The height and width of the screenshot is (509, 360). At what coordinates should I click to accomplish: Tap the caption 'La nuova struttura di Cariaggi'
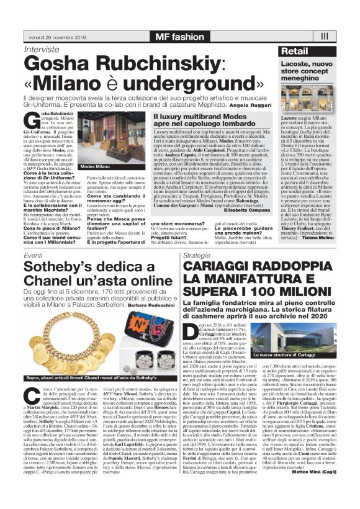(x=290, y=354)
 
